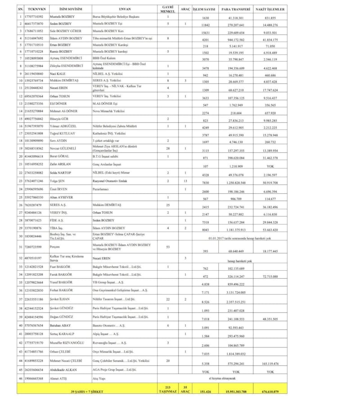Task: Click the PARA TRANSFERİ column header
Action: (x=233, y=9)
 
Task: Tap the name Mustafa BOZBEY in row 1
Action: (x=62, y=17)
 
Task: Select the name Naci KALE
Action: (x=58, y=74)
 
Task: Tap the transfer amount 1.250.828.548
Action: (x=233, y=183)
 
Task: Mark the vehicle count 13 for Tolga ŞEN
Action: (x=185, y=181)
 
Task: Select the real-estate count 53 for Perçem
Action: (x=168, y=247)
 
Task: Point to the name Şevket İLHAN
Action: (x=62, y=299)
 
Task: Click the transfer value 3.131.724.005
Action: (x=233, y=292)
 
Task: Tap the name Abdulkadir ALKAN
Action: (x=64, y=370)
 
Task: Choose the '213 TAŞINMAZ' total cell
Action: (x=168, y=389)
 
